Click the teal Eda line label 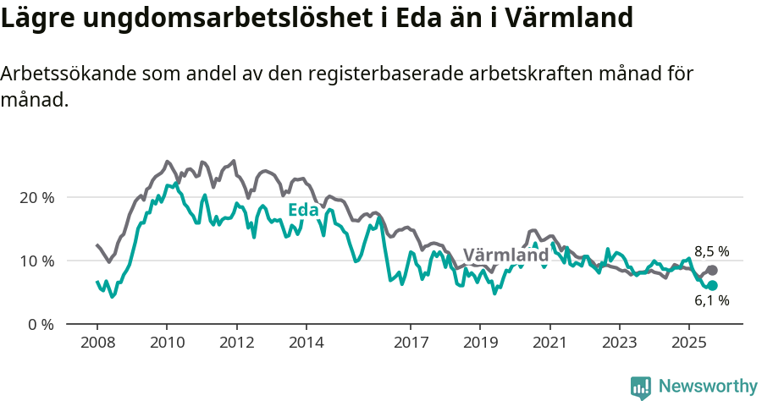pyautogui.click(x=302, y=210)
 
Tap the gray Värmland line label pyautogui.click(x=505, y=255)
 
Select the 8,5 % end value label pyautogui.click(x=711, y=251)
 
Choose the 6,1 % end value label pyautogui.click(x=711, y=300)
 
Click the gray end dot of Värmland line pyautogui.click(x=712, y=271)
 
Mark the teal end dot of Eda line pyautogui.click(x=712, y=286)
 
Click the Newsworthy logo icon pyautogui.click(x=641, y=387)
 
